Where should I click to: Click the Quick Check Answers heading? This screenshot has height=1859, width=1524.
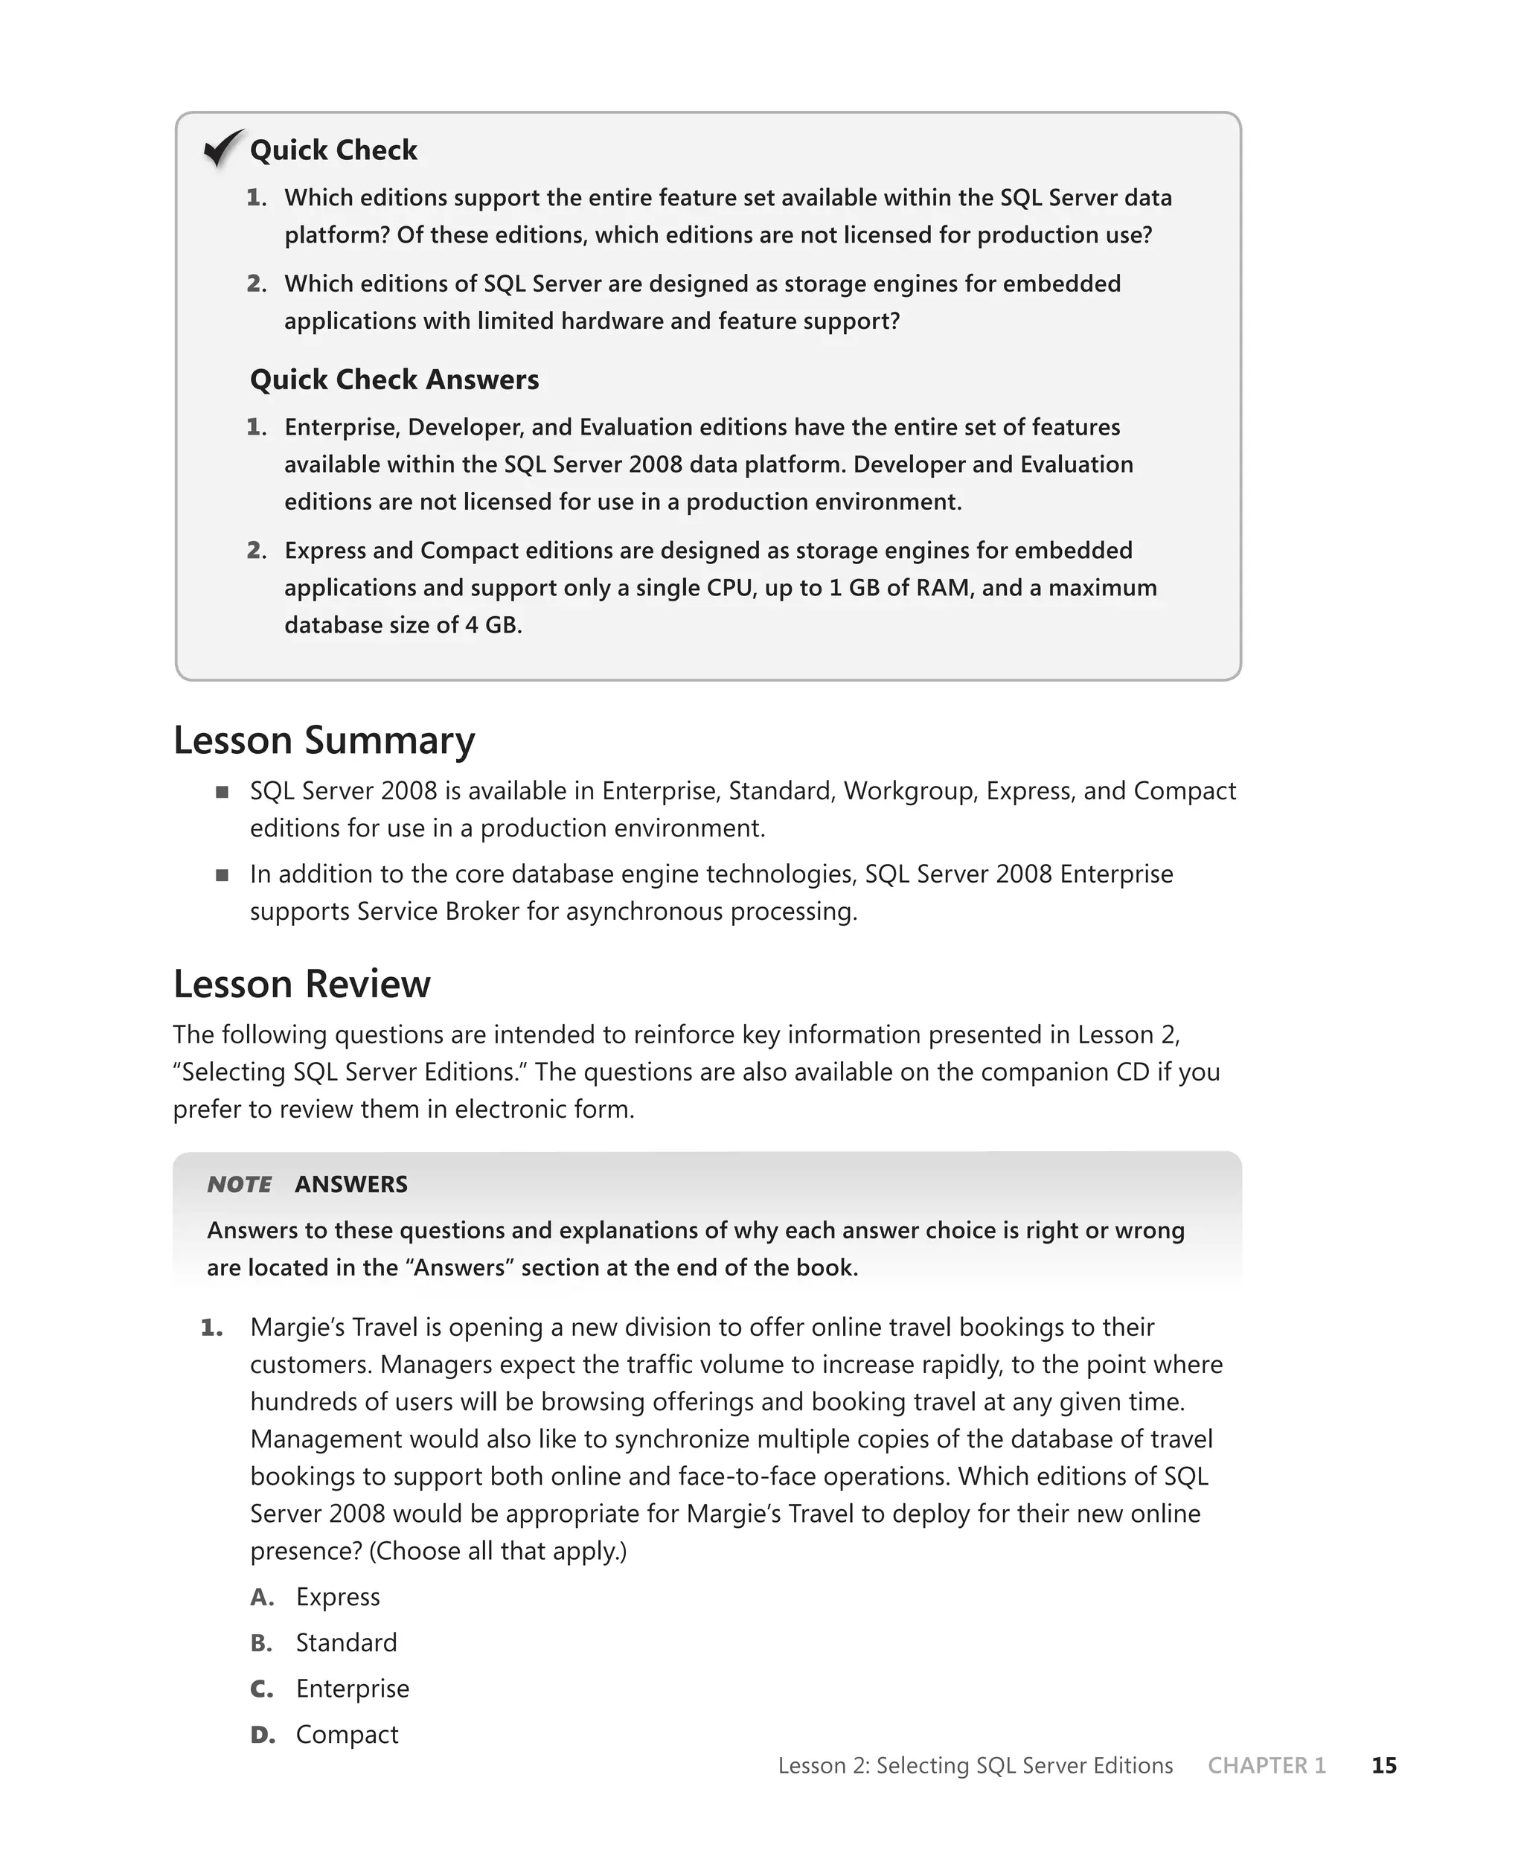(394, 380)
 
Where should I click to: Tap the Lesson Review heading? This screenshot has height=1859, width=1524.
(301, 983)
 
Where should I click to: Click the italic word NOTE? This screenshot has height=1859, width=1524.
(239, 1184)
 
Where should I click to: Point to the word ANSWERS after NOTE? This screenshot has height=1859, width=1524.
(351, 1184)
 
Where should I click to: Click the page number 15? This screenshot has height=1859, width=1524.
(1383, 1765)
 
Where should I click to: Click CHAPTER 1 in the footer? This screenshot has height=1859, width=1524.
(1266, 1765)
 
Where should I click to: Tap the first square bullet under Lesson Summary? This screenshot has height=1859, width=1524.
(222, 793)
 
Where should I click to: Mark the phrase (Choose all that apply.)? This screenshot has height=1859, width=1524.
(498, 1551)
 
